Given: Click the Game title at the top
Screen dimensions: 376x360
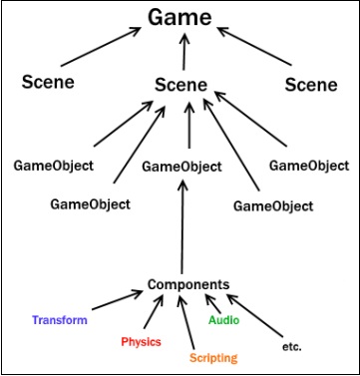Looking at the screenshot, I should pyautogui.click(x=180, y=18).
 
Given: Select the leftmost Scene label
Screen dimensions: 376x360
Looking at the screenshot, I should pyautogui.click(x=47, y=82).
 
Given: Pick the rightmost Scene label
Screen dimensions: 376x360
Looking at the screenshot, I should pyautogui.click(x=310, y=85).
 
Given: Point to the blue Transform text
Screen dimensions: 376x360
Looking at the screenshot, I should pyautogui.click(x=59, y=321).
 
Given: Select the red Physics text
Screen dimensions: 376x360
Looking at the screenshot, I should pyautogui.click(x=141, y=341).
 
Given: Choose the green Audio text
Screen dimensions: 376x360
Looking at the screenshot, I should pyautogui.click(x=224, y=320).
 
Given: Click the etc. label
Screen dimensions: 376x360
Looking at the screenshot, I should pyautogui.click(x=291, y=346).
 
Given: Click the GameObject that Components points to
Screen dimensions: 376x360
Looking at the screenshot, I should pyautogui.click(x=180, y=169).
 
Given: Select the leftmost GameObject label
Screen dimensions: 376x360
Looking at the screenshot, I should pyautogui.click(x=53, y=163).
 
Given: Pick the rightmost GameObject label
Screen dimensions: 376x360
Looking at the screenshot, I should pyautogui.click(x=309, y=163).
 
